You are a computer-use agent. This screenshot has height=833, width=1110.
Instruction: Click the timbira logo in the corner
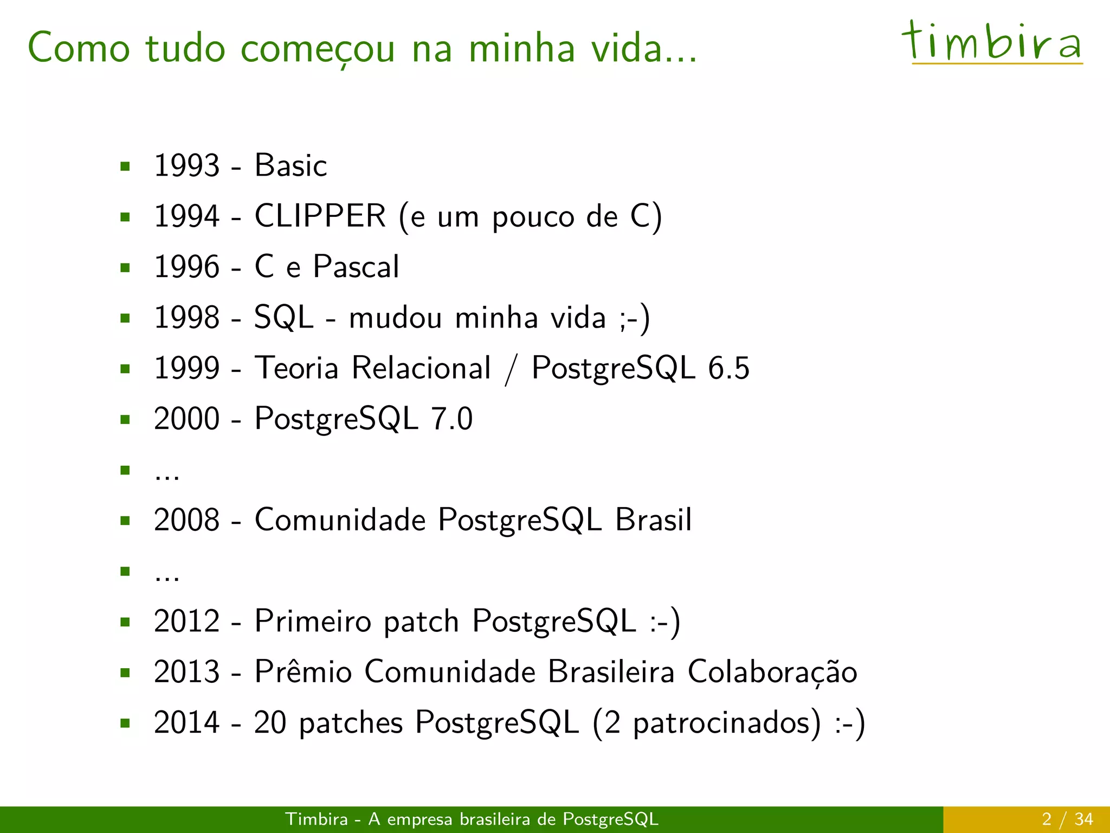pos(993,42)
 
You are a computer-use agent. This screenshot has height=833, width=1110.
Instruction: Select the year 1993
pos(186,165)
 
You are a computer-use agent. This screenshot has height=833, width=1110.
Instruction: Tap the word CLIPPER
pos(320,216)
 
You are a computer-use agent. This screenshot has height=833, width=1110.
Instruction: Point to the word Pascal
pos(356,267)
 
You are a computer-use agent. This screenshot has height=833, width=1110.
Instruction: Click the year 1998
pos(186,317)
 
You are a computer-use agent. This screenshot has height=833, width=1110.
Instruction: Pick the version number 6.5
pos(728,368)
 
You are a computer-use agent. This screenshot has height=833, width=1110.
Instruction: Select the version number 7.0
pos(451,419)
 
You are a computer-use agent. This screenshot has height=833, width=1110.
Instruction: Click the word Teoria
pos(296,368)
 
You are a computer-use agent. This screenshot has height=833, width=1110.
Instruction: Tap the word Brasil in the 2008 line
pos(653,520)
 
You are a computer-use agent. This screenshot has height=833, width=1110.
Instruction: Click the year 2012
pos(186,621)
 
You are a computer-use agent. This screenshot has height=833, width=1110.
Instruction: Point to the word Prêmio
pos(303,671)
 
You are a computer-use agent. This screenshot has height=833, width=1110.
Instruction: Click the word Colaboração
pos(772,672)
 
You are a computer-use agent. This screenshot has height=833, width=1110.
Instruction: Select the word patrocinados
pos(726,723)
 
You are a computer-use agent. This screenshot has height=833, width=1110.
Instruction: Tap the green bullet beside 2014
pos(125,723)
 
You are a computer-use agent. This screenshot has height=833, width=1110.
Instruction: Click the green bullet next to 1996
pos(125,267)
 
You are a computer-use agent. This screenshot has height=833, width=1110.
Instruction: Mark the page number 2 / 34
pos(1067,819)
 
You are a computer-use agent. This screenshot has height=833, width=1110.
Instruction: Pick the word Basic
pos(291,165)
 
